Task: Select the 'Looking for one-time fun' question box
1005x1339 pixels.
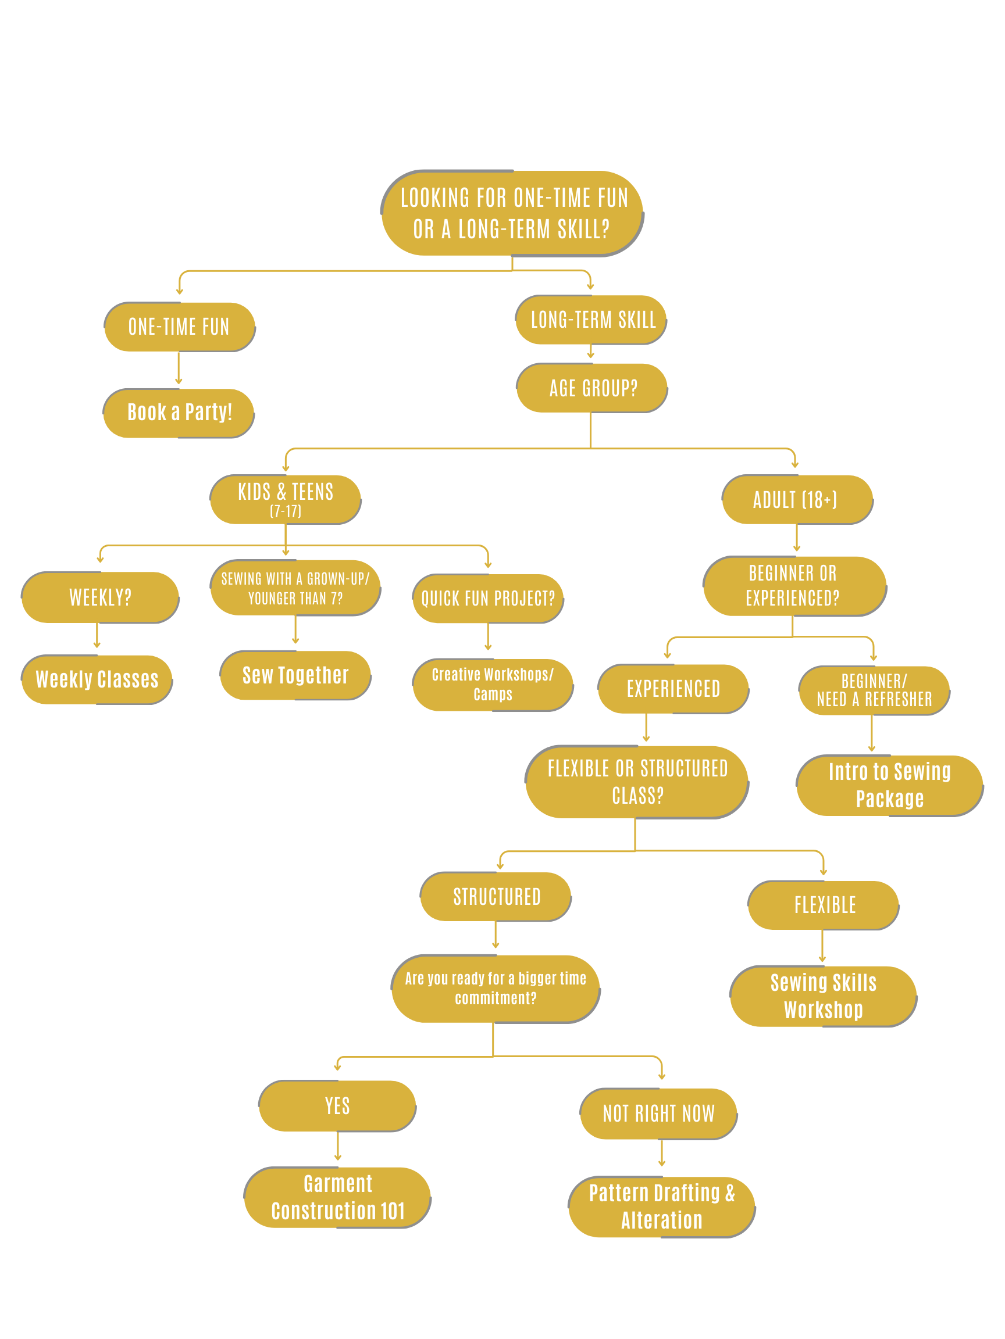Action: point(512,213)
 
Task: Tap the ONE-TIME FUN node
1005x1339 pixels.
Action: point(179,327)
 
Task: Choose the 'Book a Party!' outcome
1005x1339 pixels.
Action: point(179,413)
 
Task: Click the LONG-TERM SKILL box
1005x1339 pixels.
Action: point(592,320)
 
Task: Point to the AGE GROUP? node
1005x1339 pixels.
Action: point(592,388)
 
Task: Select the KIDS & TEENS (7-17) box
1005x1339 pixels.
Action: point(286,499)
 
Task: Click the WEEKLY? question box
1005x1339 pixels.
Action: point(100,597)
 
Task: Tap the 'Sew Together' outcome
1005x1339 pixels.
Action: point(295,675)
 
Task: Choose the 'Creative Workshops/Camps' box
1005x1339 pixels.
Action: point(493,684)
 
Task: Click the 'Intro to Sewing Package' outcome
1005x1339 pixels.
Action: point(889,785)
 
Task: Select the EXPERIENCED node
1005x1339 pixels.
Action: point(673,689)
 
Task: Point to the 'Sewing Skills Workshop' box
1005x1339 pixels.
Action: point(824,996)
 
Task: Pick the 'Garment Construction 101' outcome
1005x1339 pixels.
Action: point(337,1197)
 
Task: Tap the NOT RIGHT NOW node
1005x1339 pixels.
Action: point(658,1114)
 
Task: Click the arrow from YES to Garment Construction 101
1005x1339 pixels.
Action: point(337,1147)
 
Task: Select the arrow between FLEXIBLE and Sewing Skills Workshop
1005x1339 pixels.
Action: point(822,946)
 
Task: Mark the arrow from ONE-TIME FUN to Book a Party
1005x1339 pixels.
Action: point(179,368)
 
